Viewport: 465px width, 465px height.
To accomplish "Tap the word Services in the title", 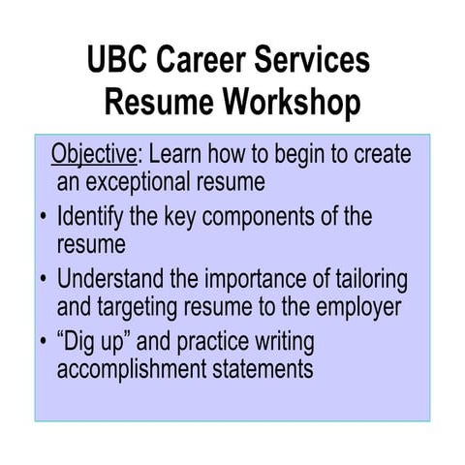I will pos(316,60).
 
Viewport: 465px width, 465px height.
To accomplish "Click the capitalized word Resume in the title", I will pos(157,102).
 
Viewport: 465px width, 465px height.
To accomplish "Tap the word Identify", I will pos(95,216).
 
